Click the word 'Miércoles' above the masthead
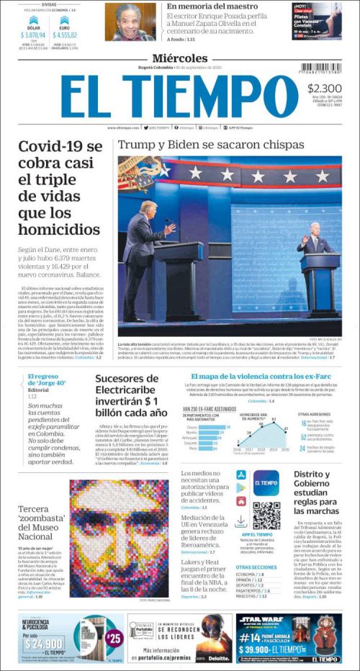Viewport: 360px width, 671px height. [179, 58]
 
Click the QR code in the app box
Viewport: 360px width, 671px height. [266, 515]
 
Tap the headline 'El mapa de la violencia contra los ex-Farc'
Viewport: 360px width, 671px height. [261, 377]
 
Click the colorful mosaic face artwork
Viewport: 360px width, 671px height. [120, 539]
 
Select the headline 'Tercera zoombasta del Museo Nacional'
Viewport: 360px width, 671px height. [39, 523]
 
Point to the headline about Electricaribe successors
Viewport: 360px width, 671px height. [132, 395]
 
